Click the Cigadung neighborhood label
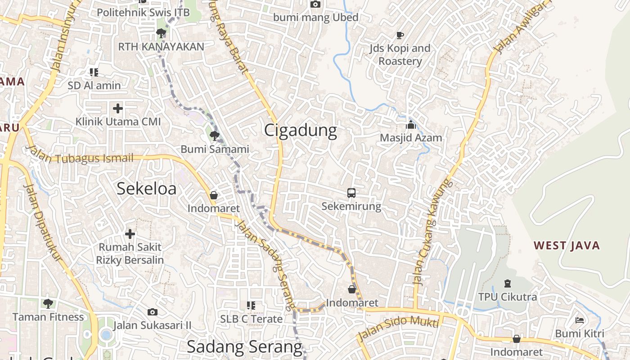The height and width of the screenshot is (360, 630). coord(300,130)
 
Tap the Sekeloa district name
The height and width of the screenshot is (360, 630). coord(146,189)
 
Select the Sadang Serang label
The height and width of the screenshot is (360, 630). coord(244,347)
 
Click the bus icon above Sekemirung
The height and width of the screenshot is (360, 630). coord(351,193)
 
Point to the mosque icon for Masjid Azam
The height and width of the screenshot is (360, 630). coord(410,125)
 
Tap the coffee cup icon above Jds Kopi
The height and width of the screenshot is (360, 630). coord(400,35)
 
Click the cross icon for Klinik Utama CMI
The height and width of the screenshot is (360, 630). coord(117,108)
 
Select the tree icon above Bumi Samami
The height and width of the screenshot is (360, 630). coord(214,135)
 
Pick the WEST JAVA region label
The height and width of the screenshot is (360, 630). coord(567,246)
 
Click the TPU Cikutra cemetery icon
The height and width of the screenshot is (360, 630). coord(508,283)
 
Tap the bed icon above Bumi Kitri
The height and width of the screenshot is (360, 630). coord(580,320)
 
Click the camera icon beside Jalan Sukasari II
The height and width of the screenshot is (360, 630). coord(153,312)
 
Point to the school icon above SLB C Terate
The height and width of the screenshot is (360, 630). coord(251,306)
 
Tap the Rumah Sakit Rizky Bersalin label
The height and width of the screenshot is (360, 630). coord(130,253)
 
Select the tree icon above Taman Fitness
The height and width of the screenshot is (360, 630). coord(48,303)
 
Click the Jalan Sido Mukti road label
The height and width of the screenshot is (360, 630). coord(398,328)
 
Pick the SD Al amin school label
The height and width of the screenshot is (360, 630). coord(94,85)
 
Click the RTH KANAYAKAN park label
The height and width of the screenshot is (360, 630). coord(161,47)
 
